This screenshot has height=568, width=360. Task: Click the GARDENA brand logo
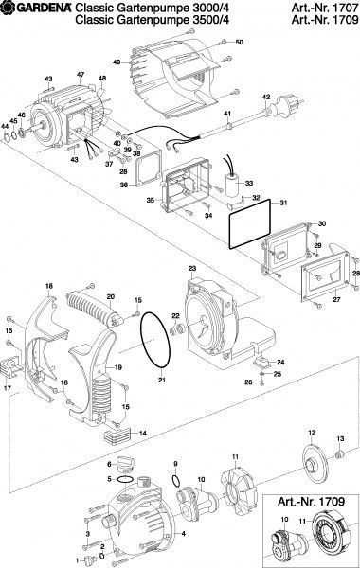(x=36, y=7)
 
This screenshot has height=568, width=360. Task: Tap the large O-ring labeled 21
(x=155, y=340)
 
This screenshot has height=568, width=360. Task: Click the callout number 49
(x=116, y=62)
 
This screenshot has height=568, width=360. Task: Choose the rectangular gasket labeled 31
(x=250, y=223)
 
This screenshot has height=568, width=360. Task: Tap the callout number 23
(x=192, y=269)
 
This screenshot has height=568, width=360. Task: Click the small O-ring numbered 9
(x=175, y=482)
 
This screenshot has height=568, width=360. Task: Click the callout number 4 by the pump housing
(x=184, y=533)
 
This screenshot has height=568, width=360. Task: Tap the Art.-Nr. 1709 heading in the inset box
(x=311, y=502)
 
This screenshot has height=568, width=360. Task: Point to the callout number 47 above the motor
(x=81, y=74)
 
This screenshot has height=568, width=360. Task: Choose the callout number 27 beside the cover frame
(x=337, y=299)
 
